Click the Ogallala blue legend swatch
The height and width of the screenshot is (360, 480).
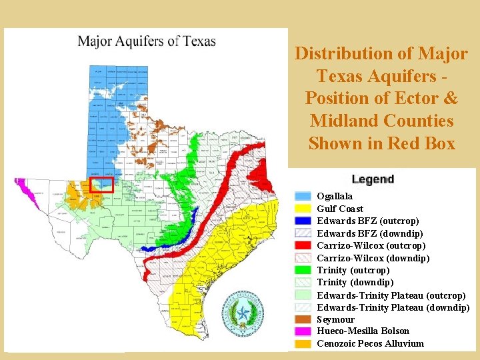tap(303, 196)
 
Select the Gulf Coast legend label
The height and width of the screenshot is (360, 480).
tap(340, 209)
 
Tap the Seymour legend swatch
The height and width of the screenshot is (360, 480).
tap(303, 319)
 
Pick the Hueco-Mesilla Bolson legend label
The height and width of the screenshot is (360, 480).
tap(363, 331)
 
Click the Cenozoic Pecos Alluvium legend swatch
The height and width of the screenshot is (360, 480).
tap(303, 344)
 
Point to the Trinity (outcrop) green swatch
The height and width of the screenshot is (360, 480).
tap(303, 270)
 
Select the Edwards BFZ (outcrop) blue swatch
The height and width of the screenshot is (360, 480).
tap(303, 221)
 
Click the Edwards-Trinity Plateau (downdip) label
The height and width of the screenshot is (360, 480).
tap(393, 307)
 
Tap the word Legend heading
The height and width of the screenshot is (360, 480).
tap(373, 179)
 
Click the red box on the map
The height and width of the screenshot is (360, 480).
tap(102, 185)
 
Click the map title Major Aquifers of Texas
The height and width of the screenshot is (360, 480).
tap(147, 41)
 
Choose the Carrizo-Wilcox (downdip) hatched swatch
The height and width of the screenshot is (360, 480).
tap(303, 258)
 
